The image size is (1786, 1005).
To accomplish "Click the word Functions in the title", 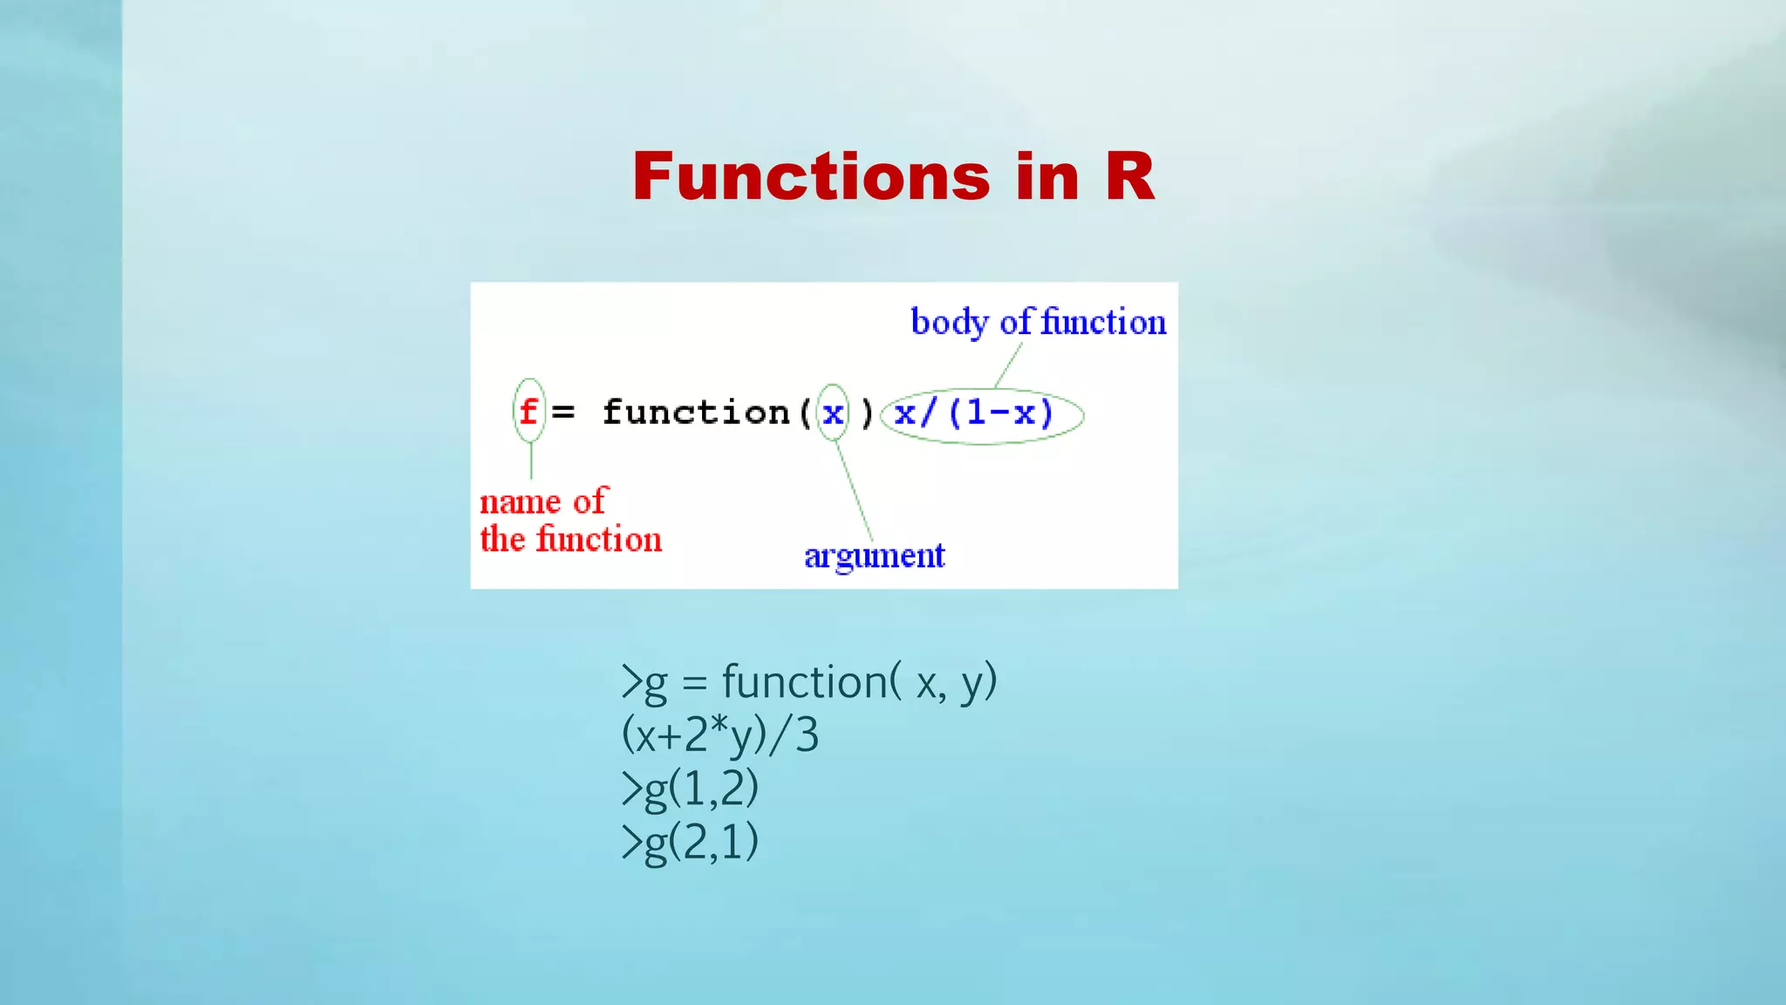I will [x=811, y=177].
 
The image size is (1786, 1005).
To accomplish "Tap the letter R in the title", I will [x=1129, y=177].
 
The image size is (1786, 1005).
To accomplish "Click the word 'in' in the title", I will [x=1047, y=177].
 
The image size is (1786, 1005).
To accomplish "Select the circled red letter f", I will [x=528, y=411].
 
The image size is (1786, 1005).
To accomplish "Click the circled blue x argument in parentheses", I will [x=833, y=412].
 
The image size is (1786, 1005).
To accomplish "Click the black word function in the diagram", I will [x=695, y=412].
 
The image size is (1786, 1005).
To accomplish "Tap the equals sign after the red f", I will [x=563, y=412].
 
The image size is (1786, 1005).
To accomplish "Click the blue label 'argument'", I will [x=874, y=556].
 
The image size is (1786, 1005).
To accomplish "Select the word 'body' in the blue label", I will [x=950, y=322].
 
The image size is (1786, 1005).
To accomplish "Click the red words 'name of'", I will [x=542, y=502].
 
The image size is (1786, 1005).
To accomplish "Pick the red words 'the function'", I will [x=570, y=539].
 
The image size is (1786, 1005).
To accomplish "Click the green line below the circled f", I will [x=531, y=460].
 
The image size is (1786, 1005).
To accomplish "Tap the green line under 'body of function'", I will [x=1008, y=366].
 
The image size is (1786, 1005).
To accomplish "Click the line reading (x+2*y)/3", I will [x=719, y=735].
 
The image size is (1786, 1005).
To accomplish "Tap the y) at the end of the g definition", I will [x=978, y=681].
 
